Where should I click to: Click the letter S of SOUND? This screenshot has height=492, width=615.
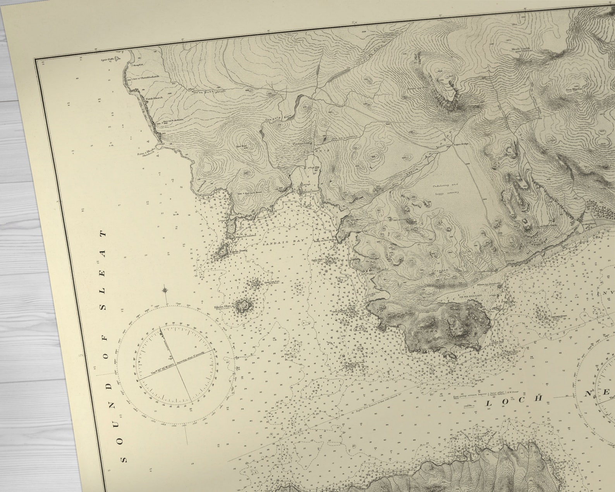pos(124,460)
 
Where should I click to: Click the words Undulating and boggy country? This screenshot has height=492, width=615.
pos(445,188)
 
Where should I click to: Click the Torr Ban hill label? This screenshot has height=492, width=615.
pos(242,146)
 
